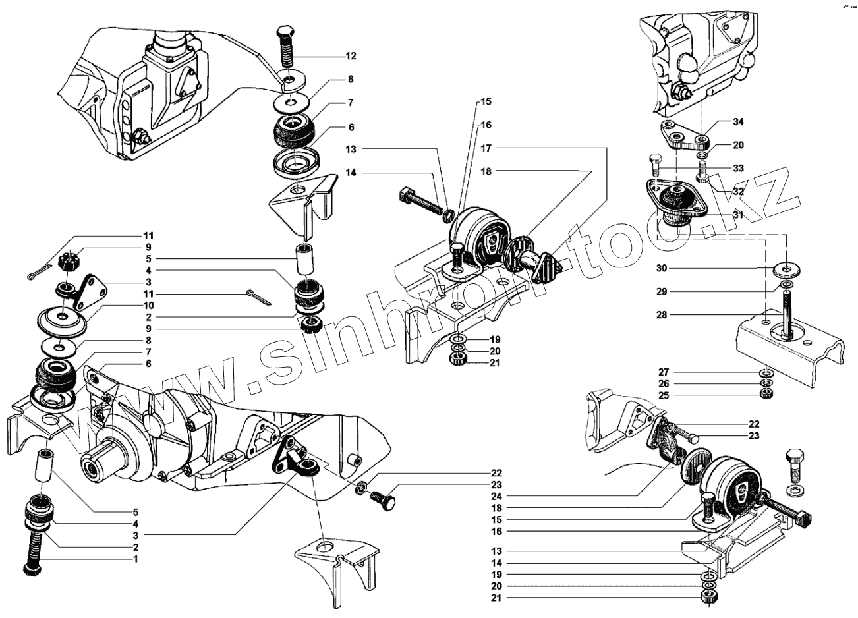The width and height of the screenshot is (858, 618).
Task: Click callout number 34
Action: click(x=737, y=121)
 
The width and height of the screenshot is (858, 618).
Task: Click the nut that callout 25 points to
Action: click(x=766, y=395)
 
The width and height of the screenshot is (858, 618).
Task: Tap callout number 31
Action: click(x=737, y=214)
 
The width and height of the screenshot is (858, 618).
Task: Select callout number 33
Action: click(x=737, y=168)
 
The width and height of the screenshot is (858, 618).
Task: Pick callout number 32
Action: click(x=737, y=192)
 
